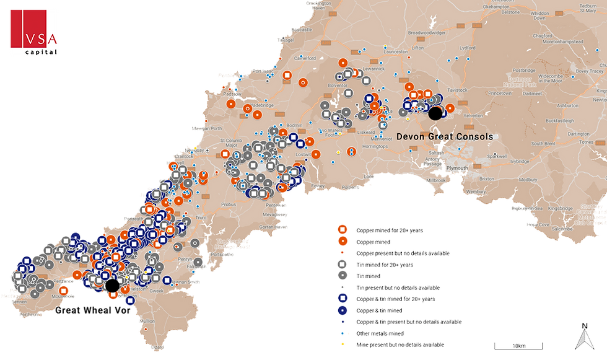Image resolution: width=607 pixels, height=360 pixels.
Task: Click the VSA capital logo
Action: pos(34,32)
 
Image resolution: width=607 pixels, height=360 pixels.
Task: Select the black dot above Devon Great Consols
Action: pos(435,113)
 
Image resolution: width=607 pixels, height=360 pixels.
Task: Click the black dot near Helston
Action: pos(112,284)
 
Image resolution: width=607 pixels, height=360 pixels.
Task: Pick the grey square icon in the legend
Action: pos(343,264)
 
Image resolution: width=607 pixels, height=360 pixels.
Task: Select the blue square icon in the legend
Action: pos(343,299)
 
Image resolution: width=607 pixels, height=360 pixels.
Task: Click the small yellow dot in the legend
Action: pos(343,344)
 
